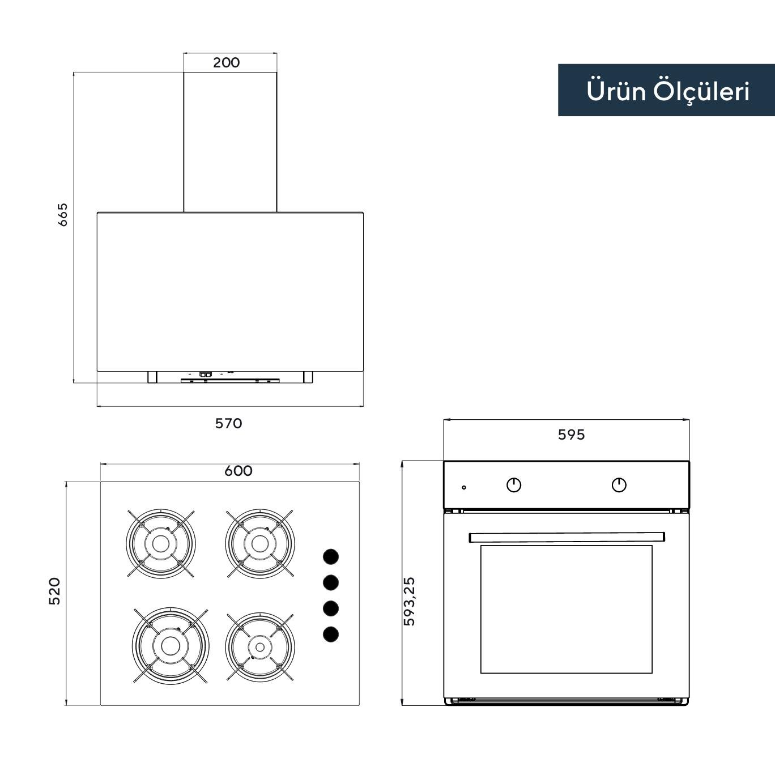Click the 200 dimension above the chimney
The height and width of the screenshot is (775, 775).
226,62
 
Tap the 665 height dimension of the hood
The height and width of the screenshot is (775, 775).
62,215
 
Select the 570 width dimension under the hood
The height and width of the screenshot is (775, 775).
228,423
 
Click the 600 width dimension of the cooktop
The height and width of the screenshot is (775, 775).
238,471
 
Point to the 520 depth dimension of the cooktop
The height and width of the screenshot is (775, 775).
54,591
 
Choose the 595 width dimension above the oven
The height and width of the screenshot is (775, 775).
571,435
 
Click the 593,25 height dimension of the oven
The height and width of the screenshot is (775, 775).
409,601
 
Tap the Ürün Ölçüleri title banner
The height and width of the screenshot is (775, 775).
666,91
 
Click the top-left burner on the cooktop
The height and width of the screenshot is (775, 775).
160,543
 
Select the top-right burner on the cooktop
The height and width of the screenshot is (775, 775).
259,543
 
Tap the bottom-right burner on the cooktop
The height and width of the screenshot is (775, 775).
259,646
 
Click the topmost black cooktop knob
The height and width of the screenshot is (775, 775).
331,556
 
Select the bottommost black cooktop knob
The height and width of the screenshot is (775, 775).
331,634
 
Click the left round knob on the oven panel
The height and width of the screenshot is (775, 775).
514,485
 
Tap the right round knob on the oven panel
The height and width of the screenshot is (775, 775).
619,485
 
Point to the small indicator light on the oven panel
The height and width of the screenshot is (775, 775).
464,487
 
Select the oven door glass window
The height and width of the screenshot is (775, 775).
567,609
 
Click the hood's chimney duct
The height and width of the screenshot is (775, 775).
230,142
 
